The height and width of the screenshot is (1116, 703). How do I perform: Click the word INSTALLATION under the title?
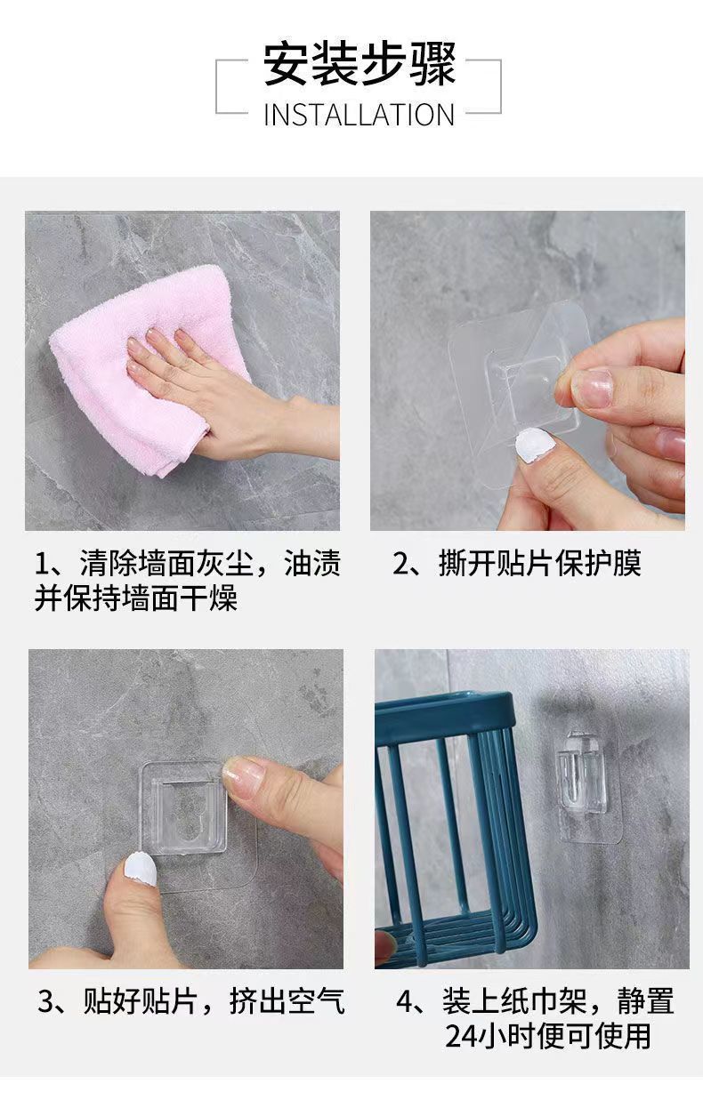click(359, 115)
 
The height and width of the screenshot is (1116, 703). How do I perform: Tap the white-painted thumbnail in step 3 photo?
click(140, 869)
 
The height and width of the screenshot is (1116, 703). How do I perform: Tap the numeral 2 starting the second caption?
click(401, 564)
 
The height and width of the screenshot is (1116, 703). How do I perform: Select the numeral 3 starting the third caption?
click(46, 1001)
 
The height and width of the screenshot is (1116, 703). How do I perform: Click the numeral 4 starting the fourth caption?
click(405, 1001)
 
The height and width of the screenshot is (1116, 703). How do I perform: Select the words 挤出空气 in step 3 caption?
click(287, 1001)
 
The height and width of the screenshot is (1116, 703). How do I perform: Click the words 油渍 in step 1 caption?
click(312, 564)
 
